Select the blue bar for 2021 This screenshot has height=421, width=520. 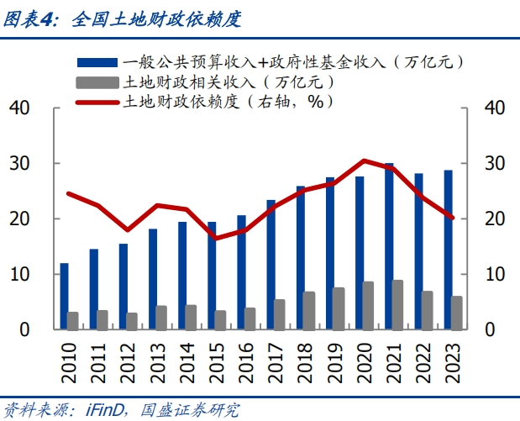pos(388,246)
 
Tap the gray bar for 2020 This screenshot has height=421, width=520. pos(369,305)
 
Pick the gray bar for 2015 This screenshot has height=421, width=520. pos(221,320)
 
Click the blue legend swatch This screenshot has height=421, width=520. pos(98,62)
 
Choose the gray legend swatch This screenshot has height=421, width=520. pos(98,82)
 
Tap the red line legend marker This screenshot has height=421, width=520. pos(98,102)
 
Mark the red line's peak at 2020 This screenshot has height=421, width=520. pos(364,160)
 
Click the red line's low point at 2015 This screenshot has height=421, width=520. pos(216,239)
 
